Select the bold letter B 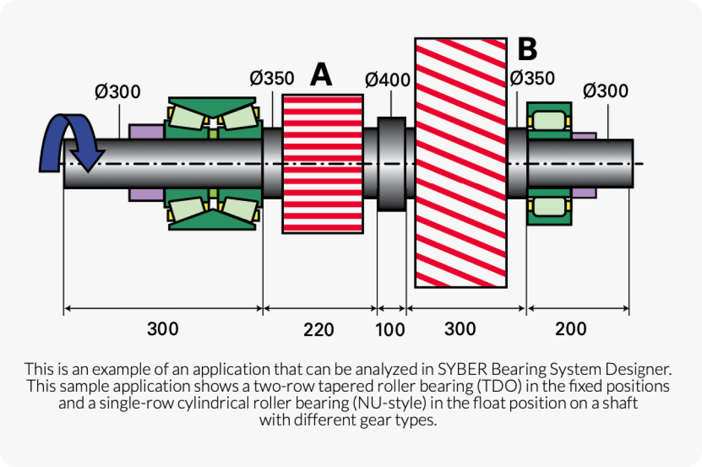click(527, 49)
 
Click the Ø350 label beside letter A click(271, 79)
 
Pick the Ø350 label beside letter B click(532, 79)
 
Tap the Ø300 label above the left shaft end click(117, 92)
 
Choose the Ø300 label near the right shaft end click(605, 91)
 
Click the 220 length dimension click(319, 329)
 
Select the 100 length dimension click(391, 329)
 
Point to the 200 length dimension click(571, 329)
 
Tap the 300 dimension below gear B click(460, 329)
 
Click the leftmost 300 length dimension click(163, 329)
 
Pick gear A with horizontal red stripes click(322, 164)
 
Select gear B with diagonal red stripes click(461, 163)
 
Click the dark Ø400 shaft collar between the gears click(391, 164)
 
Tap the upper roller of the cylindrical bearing click(549, 119)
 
